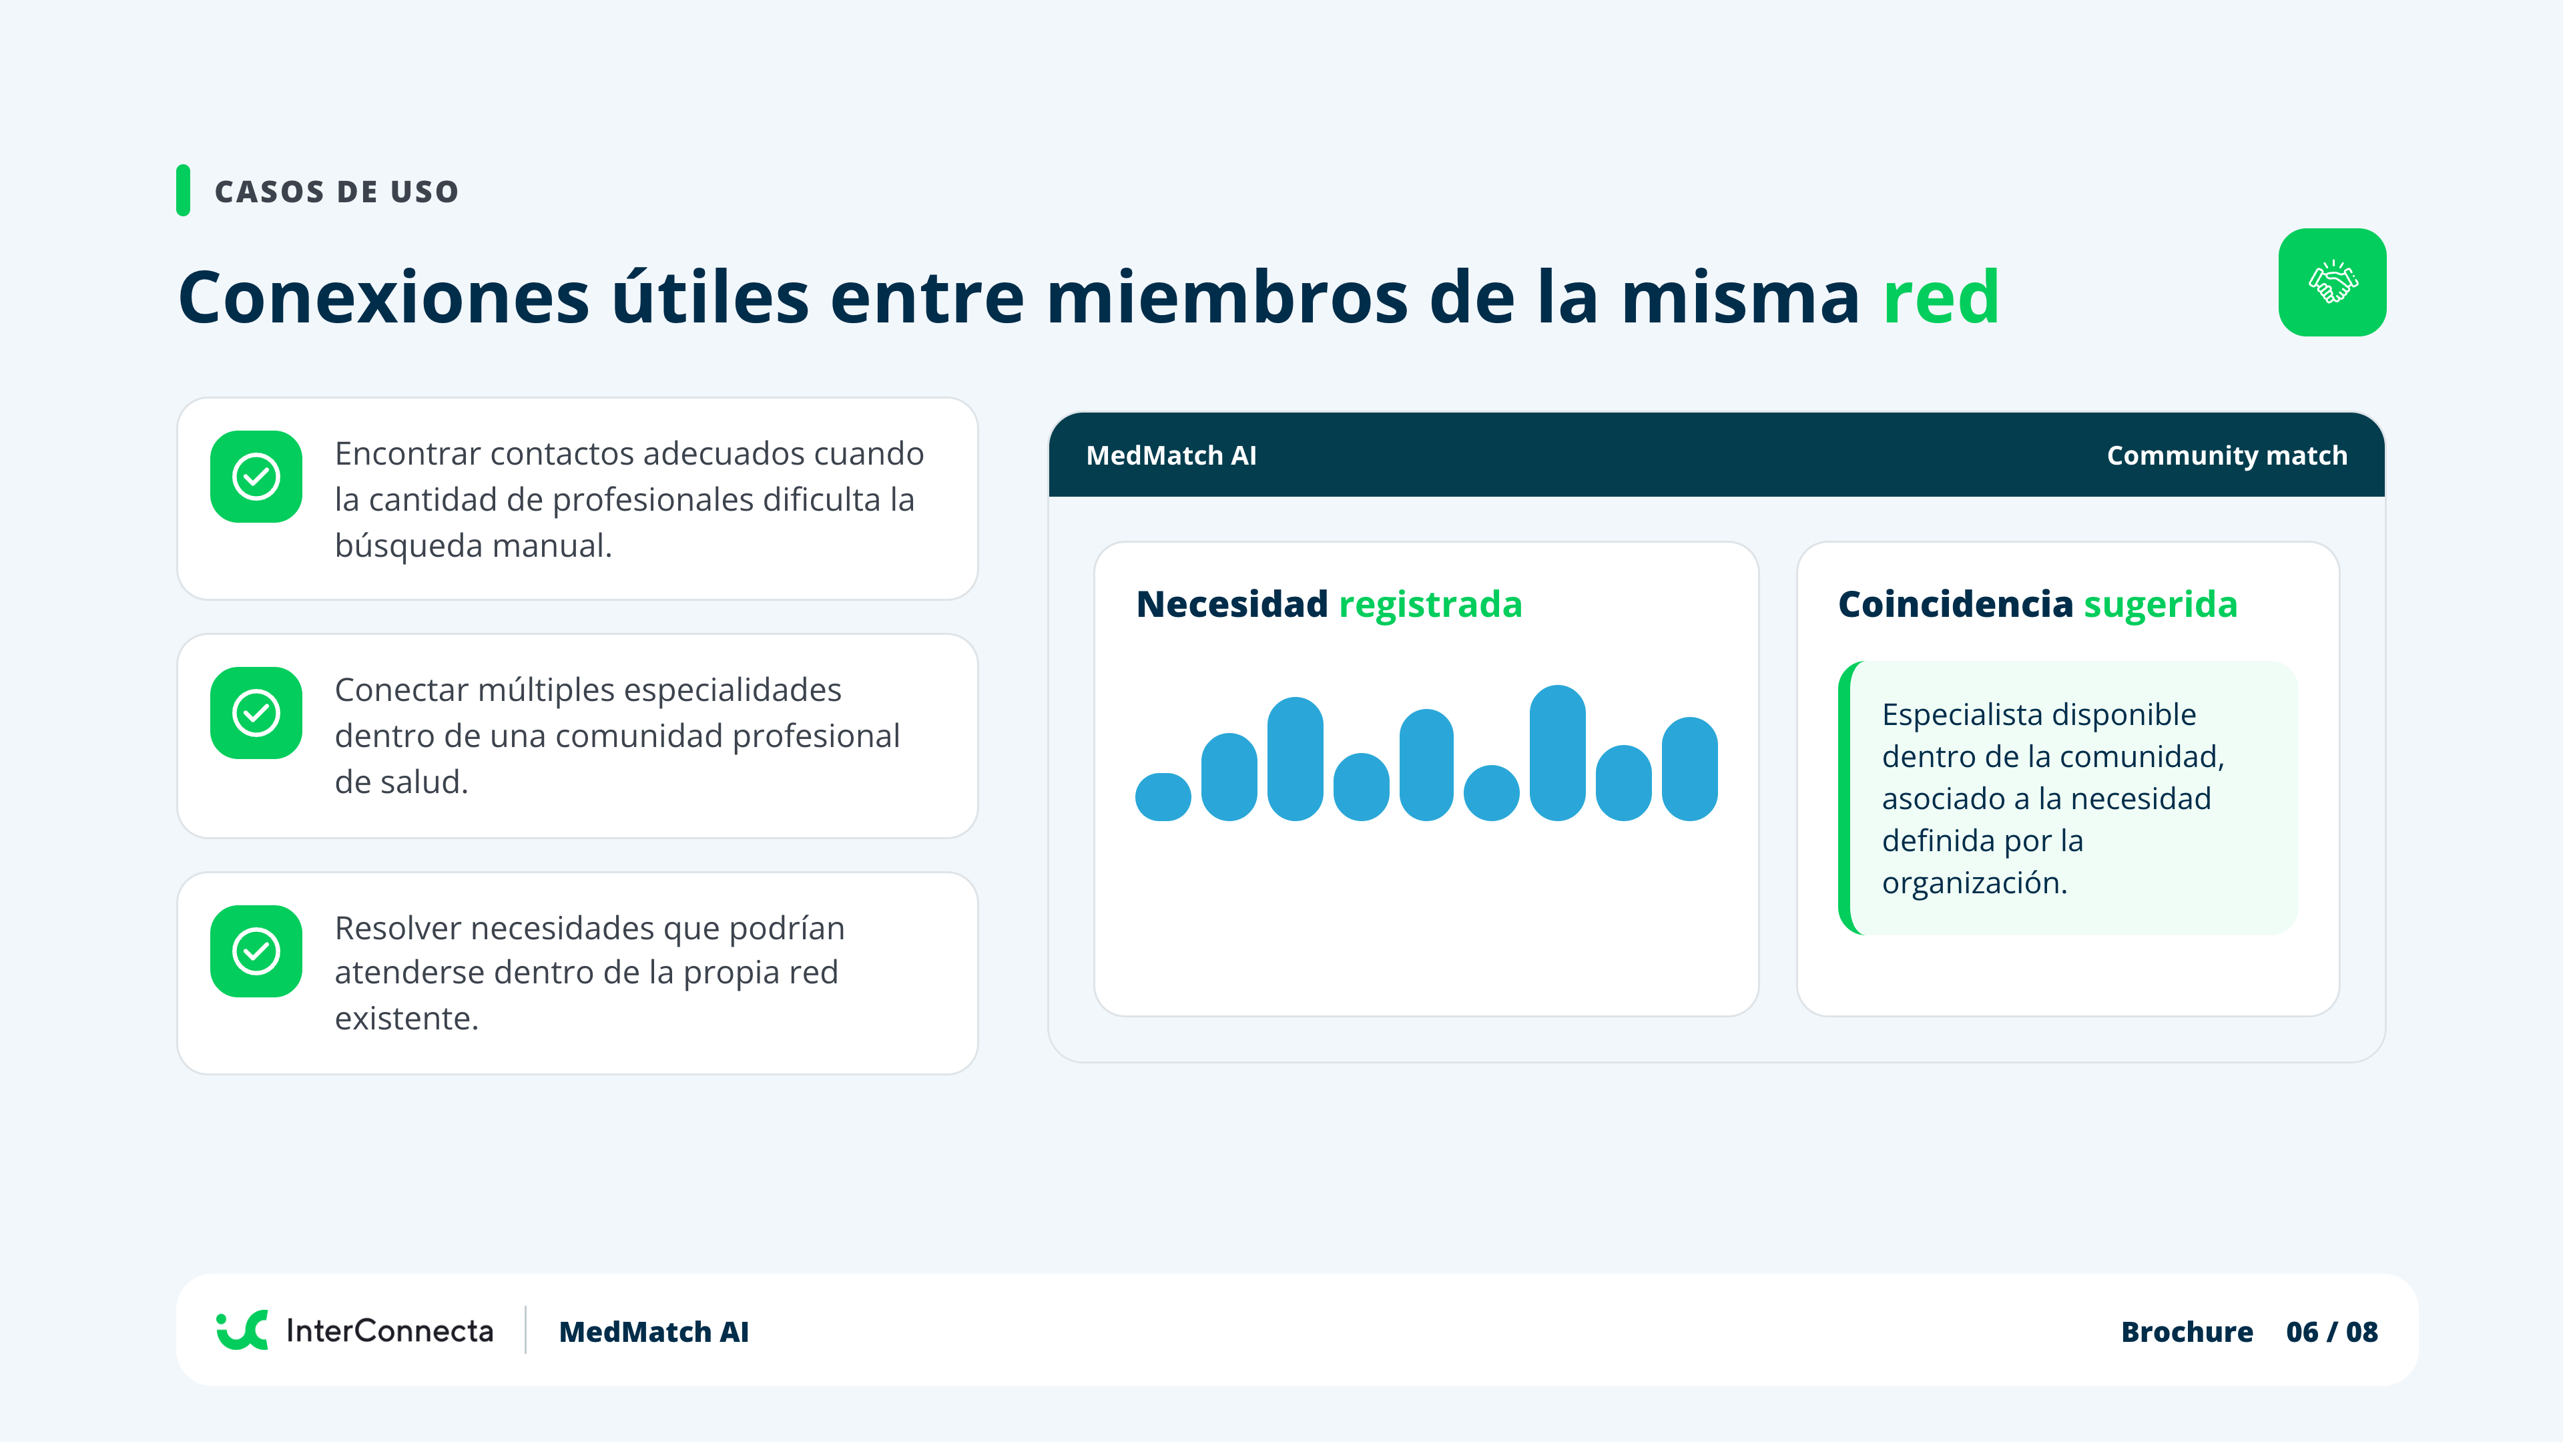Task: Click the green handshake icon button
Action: point(2331,282)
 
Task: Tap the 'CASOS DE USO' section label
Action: point(336,191)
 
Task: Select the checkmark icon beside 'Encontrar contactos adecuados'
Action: point(256,477)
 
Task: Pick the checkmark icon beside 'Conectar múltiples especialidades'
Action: point(256,712)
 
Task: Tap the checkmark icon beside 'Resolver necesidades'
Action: point(256,951)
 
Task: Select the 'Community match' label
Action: point(2227,456)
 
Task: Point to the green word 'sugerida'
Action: point(2160,604)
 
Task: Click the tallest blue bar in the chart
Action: point(1557,752)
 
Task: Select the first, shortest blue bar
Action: point(1163,796)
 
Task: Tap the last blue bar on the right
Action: point(1689,768)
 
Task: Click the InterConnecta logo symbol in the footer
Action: point(242,1330)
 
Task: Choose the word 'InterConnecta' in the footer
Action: point(389,1331)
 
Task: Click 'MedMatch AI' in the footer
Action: point(653,1332)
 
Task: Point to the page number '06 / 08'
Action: point(2331,1332)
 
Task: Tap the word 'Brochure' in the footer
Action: point(2187,1332)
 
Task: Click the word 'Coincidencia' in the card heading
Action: point(1955,604)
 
